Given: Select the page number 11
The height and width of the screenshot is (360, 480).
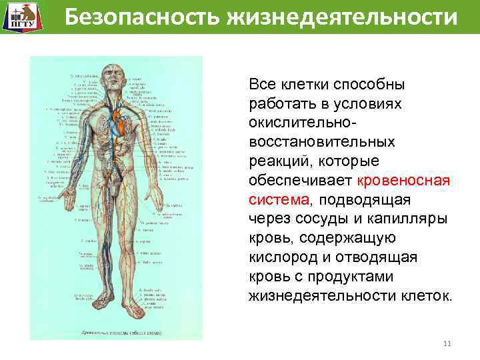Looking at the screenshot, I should pos(447,344).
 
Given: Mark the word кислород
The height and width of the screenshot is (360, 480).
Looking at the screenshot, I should pos(281,257).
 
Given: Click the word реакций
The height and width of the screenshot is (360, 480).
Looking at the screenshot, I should pos(277,161).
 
